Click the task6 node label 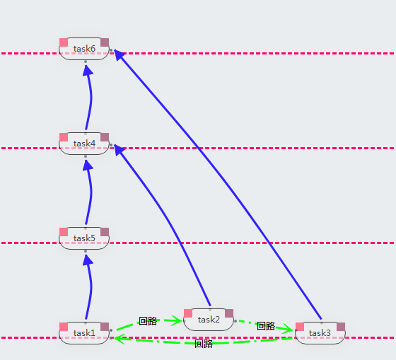84,49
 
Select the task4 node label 84,144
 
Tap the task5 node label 84,238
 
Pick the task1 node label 84,332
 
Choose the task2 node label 209,319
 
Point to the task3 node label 320,332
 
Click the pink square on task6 64,42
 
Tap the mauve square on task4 105,137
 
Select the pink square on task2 188,313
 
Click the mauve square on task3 341,327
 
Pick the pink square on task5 64,232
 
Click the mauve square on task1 105,327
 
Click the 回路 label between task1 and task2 148,321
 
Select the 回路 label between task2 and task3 266,326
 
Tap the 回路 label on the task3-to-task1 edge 204,344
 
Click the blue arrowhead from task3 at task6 119,54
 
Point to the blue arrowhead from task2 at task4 119,149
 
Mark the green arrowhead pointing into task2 177,320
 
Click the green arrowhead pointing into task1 120,339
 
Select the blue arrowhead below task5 88,260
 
